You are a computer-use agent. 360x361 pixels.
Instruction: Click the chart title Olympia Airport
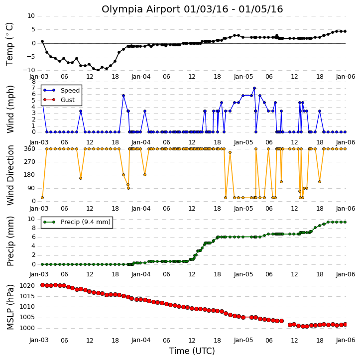pos(141,9)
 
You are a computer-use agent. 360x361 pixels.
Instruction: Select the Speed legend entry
pos(61,91)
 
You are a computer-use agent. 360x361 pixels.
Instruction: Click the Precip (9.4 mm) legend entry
pos(77,222)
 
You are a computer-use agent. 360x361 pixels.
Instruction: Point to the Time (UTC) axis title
pos(192,351)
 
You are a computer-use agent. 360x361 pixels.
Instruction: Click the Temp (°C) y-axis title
pos(9,44)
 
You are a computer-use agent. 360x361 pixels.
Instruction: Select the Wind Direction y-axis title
pos(10,175)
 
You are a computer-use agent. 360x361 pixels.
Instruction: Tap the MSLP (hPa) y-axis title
pos(10,307)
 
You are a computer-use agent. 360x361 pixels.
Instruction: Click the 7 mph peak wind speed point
pos(254,88)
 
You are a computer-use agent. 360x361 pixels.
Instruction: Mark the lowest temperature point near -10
pos(98,70)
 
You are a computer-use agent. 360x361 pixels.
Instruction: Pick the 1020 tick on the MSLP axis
pos(27,286)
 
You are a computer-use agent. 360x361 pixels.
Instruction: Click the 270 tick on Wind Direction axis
pos(30,162)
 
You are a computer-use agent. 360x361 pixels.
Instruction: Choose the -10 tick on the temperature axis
pos(28,70)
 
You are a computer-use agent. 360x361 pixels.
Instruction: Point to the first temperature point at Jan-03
pos(42,41)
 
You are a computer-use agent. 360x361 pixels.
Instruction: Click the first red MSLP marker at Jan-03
pos(43,285)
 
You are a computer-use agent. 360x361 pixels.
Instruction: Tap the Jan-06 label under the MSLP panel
pos(346,340)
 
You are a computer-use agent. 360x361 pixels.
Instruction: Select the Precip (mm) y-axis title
pos(10,241)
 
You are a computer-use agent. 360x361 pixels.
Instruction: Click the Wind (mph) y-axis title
pos(10,109)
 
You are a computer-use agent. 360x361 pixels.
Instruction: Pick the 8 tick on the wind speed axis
pos(34,82)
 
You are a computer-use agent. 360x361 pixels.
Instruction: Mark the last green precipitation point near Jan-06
pos(345,222)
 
